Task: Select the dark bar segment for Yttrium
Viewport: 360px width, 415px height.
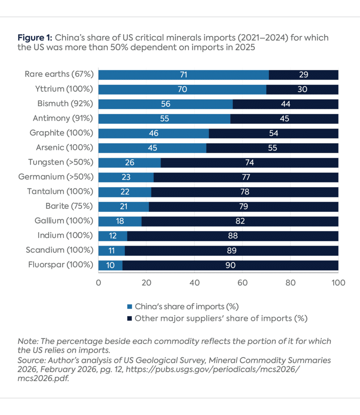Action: [x=302, y=89]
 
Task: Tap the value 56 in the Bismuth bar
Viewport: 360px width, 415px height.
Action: [x=165, y=104]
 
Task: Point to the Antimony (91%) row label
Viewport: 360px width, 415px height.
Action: [x=63, y=118]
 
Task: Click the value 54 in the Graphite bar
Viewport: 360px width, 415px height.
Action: [x=273, y=133]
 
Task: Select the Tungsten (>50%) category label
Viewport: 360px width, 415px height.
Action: [x=61, y=162]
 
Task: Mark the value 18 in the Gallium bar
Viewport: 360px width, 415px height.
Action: [x=120, y=221]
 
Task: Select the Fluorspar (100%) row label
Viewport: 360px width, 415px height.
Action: [x=61, y=265]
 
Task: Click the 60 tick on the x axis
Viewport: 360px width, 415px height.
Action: [x=242, y=282]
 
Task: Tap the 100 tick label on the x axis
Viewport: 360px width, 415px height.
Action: [x=338, y=282]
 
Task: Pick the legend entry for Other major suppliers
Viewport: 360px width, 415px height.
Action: [x=221, y=318]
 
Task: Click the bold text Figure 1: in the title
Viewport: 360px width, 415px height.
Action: [x=35, y=38]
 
